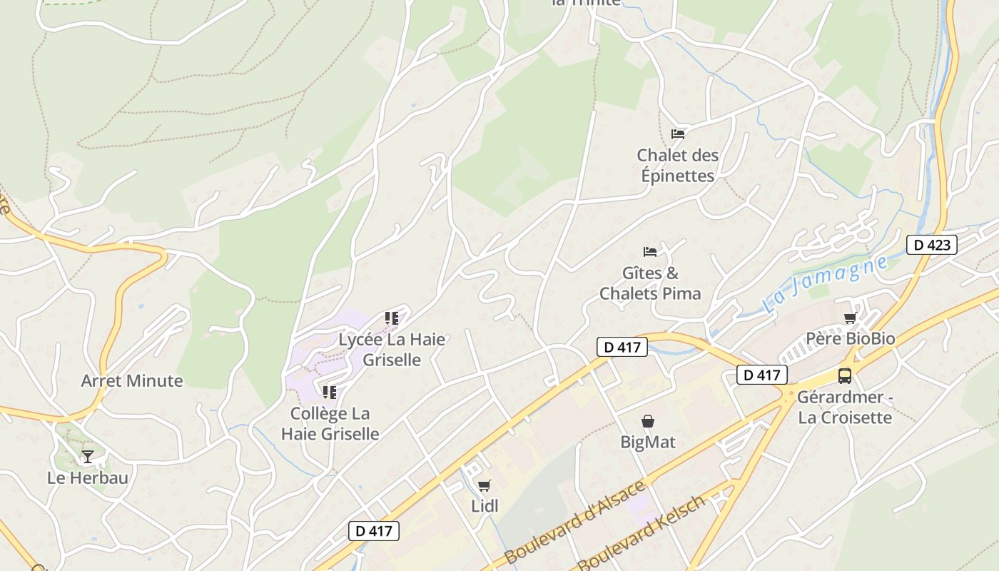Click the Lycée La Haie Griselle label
392,350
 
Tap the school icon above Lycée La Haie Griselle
391,318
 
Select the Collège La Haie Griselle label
330,423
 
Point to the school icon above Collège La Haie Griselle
329,392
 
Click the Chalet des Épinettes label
677,166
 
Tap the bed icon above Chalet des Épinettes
678,133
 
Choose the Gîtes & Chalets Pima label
650,283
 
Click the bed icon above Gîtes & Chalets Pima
650,251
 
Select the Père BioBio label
850,338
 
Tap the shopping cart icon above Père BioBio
850,318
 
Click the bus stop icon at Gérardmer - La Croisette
845,375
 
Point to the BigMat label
648,442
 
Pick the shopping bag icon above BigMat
648,421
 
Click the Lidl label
485,506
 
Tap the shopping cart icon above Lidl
485,486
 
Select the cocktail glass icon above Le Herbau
88,456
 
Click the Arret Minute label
132,380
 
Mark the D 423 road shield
931,245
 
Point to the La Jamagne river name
825,283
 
